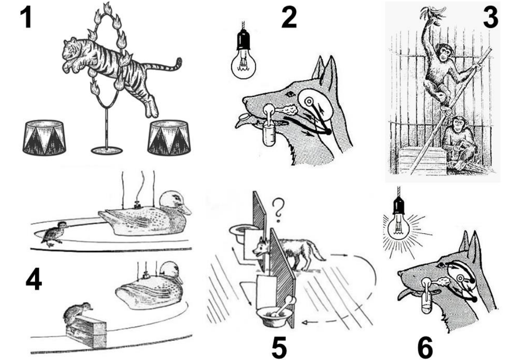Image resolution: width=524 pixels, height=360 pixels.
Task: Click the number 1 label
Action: click(26, 17)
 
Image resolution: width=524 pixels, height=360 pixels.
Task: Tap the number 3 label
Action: click(490, 17)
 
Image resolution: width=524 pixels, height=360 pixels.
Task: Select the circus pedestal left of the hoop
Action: click(44, 138)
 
